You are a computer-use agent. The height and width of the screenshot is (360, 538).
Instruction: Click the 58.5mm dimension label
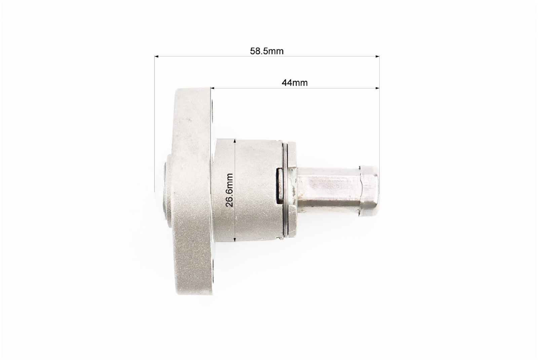pyautogui.click(x=267, y=51)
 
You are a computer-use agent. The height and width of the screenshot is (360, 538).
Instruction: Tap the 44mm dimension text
pyautogui.click(x=295, y=83)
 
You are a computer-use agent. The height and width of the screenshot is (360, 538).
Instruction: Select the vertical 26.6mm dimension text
pyautogui.click(x=229, y=190)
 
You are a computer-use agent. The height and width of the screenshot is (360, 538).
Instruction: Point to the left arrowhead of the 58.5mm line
pyautogui.click(x=156, y=56)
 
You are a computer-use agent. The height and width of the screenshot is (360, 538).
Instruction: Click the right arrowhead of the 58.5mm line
pyautogui.click(x=377, y=56)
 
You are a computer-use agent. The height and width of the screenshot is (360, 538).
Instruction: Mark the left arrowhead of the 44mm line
pyautogui.click(x=213, y=88)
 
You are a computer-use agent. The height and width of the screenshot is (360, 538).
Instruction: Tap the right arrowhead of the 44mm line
pyautogui.click(x=377, y=88)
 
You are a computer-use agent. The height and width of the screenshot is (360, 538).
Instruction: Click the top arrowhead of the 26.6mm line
pyautogui.click(x=235, y=141)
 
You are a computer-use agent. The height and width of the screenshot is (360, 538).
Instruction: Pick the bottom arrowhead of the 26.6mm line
pyautogui.click(x=235, y=240)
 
